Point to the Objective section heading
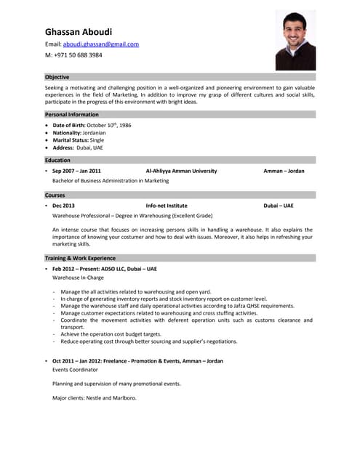(57, 77)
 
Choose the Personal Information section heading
(72, 115)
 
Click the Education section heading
(58, 161)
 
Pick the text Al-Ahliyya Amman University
(181, 171)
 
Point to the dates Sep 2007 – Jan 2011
(76, 171)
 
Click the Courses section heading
(55, 195)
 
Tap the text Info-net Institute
(167, 206)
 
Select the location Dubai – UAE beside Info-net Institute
(279, 206)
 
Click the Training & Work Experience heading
(80, 258)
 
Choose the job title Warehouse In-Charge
(78, 278)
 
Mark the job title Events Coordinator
(76, 370)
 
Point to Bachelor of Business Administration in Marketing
(111, 181)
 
